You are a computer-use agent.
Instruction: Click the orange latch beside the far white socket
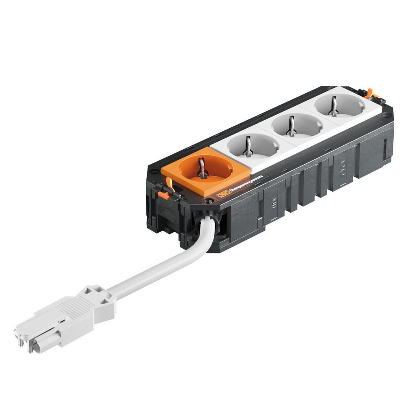369,93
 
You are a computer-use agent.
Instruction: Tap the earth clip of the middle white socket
292,126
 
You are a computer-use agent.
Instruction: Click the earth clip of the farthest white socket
333,107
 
